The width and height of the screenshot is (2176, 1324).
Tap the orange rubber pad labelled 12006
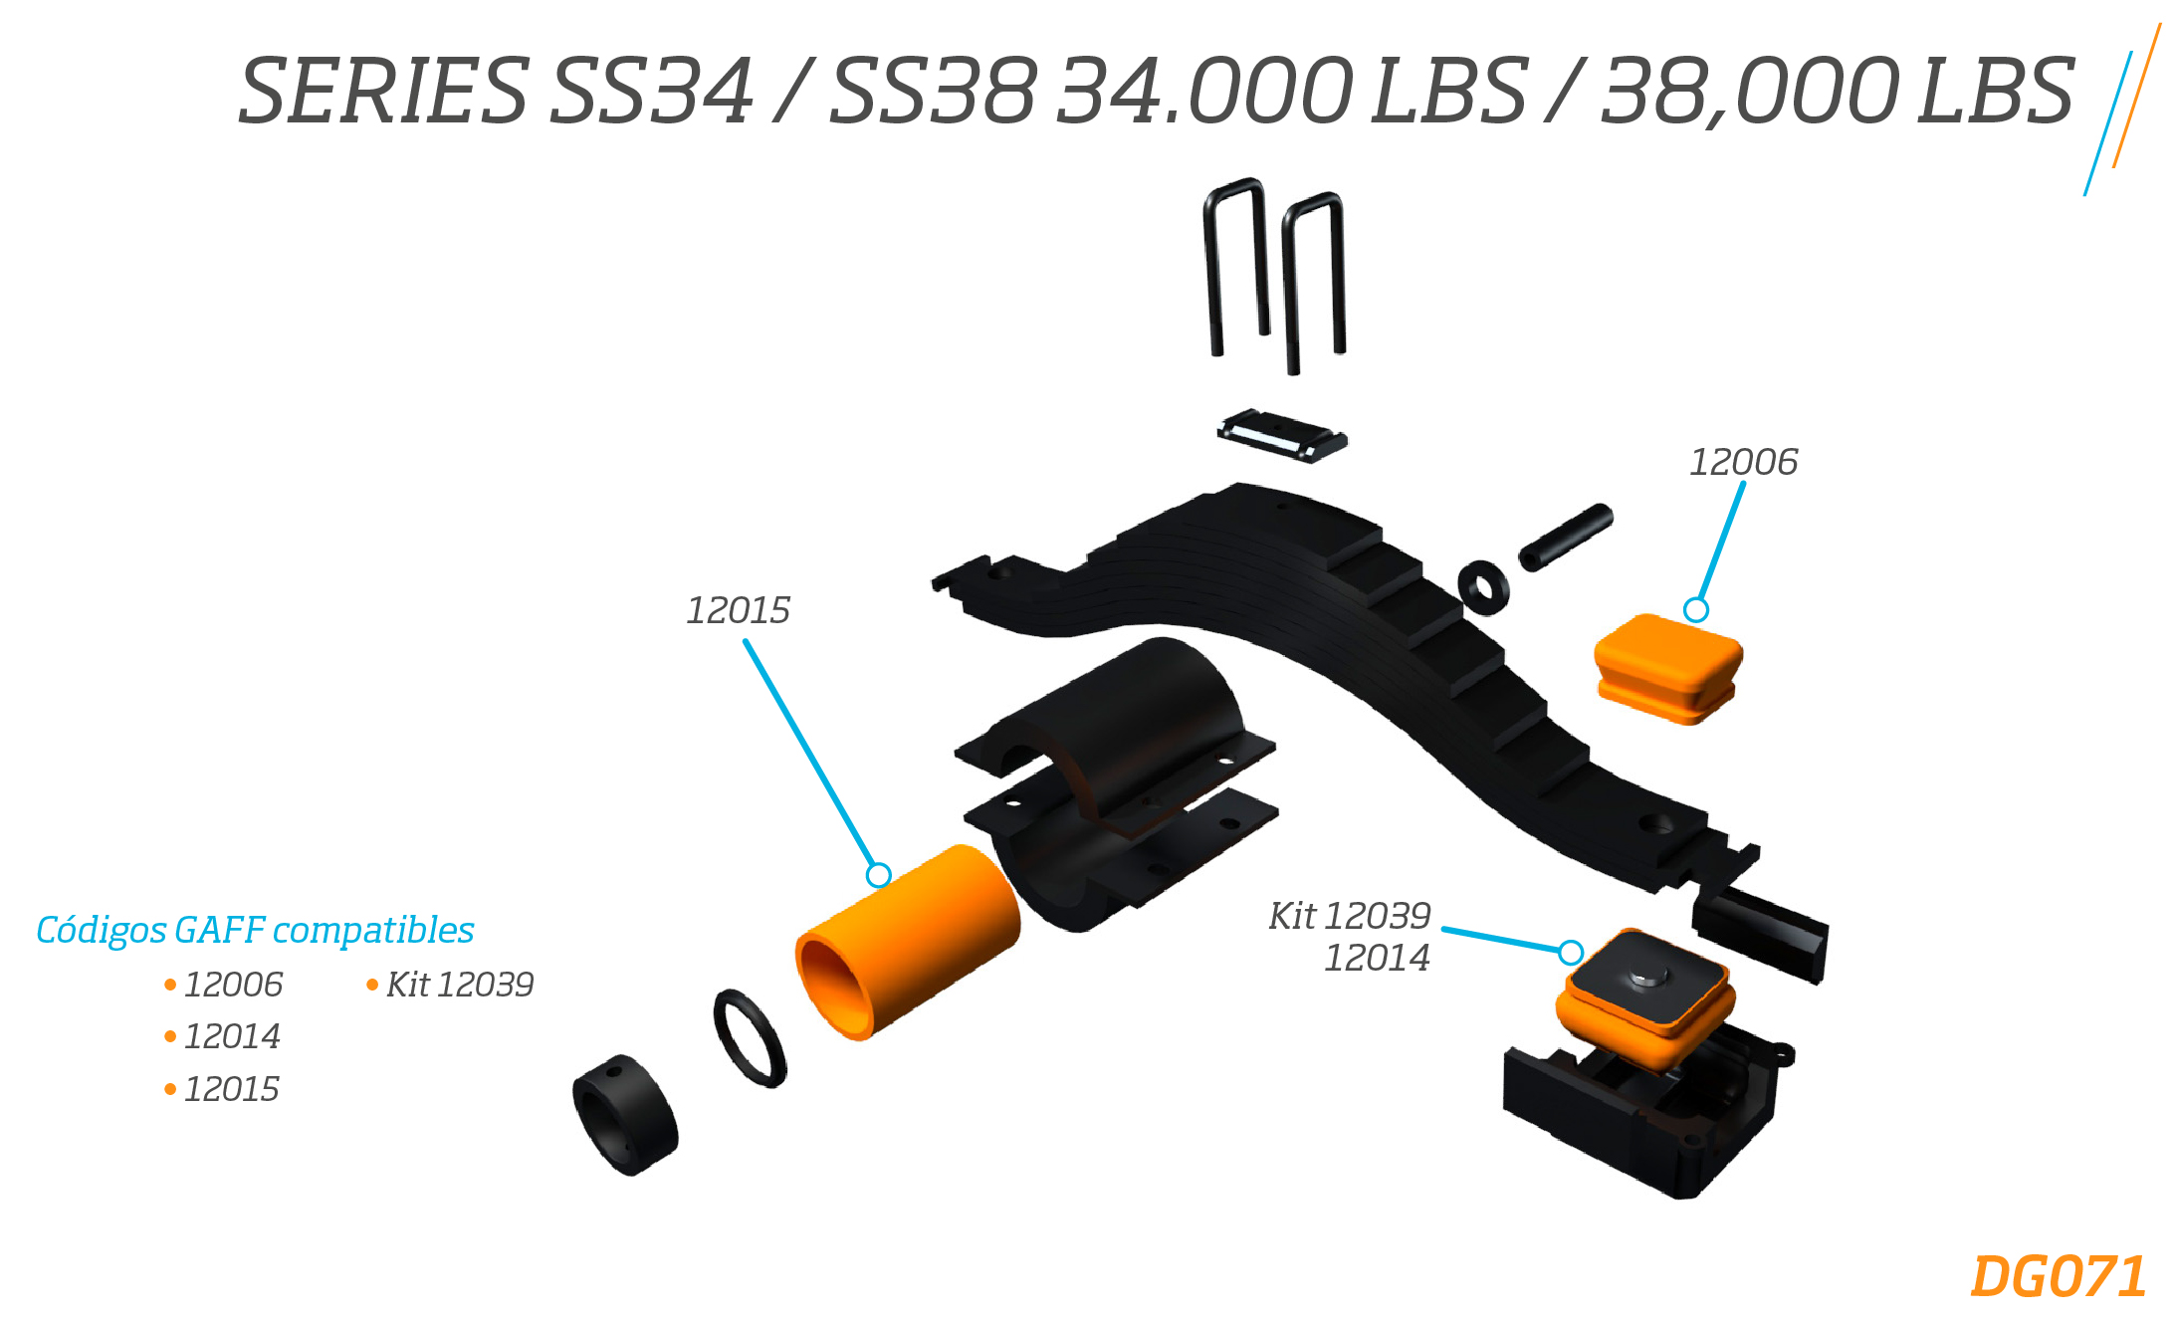(x=1668, y=668)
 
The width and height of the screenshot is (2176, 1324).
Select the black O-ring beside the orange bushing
(x=750, y=1038)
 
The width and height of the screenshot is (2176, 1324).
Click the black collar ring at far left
(x=625, y=1115)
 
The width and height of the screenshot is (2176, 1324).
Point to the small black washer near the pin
(x=1483, y=587)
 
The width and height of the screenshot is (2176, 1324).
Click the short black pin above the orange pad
(x=1566, y=538)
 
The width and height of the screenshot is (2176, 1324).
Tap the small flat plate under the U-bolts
(x=1282, y=435)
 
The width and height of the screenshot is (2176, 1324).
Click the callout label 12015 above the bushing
(x=738, y=610)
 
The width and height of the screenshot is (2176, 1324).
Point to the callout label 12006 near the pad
(x=1743, y=462)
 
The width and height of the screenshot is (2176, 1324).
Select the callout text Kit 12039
(x=1349, y=916)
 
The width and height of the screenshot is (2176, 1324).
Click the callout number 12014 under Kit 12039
(x=1377, y=958)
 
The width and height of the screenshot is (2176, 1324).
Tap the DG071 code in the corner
(x=2058, y=1276)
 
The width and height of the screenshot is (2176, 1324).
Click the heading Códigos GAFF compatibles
(x=255, y=930)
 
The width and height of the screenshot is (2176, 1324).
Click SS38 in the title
(x=934, y=91)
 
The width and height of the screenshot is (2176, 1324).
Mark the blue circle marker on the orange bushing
(x=878, y=875)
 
